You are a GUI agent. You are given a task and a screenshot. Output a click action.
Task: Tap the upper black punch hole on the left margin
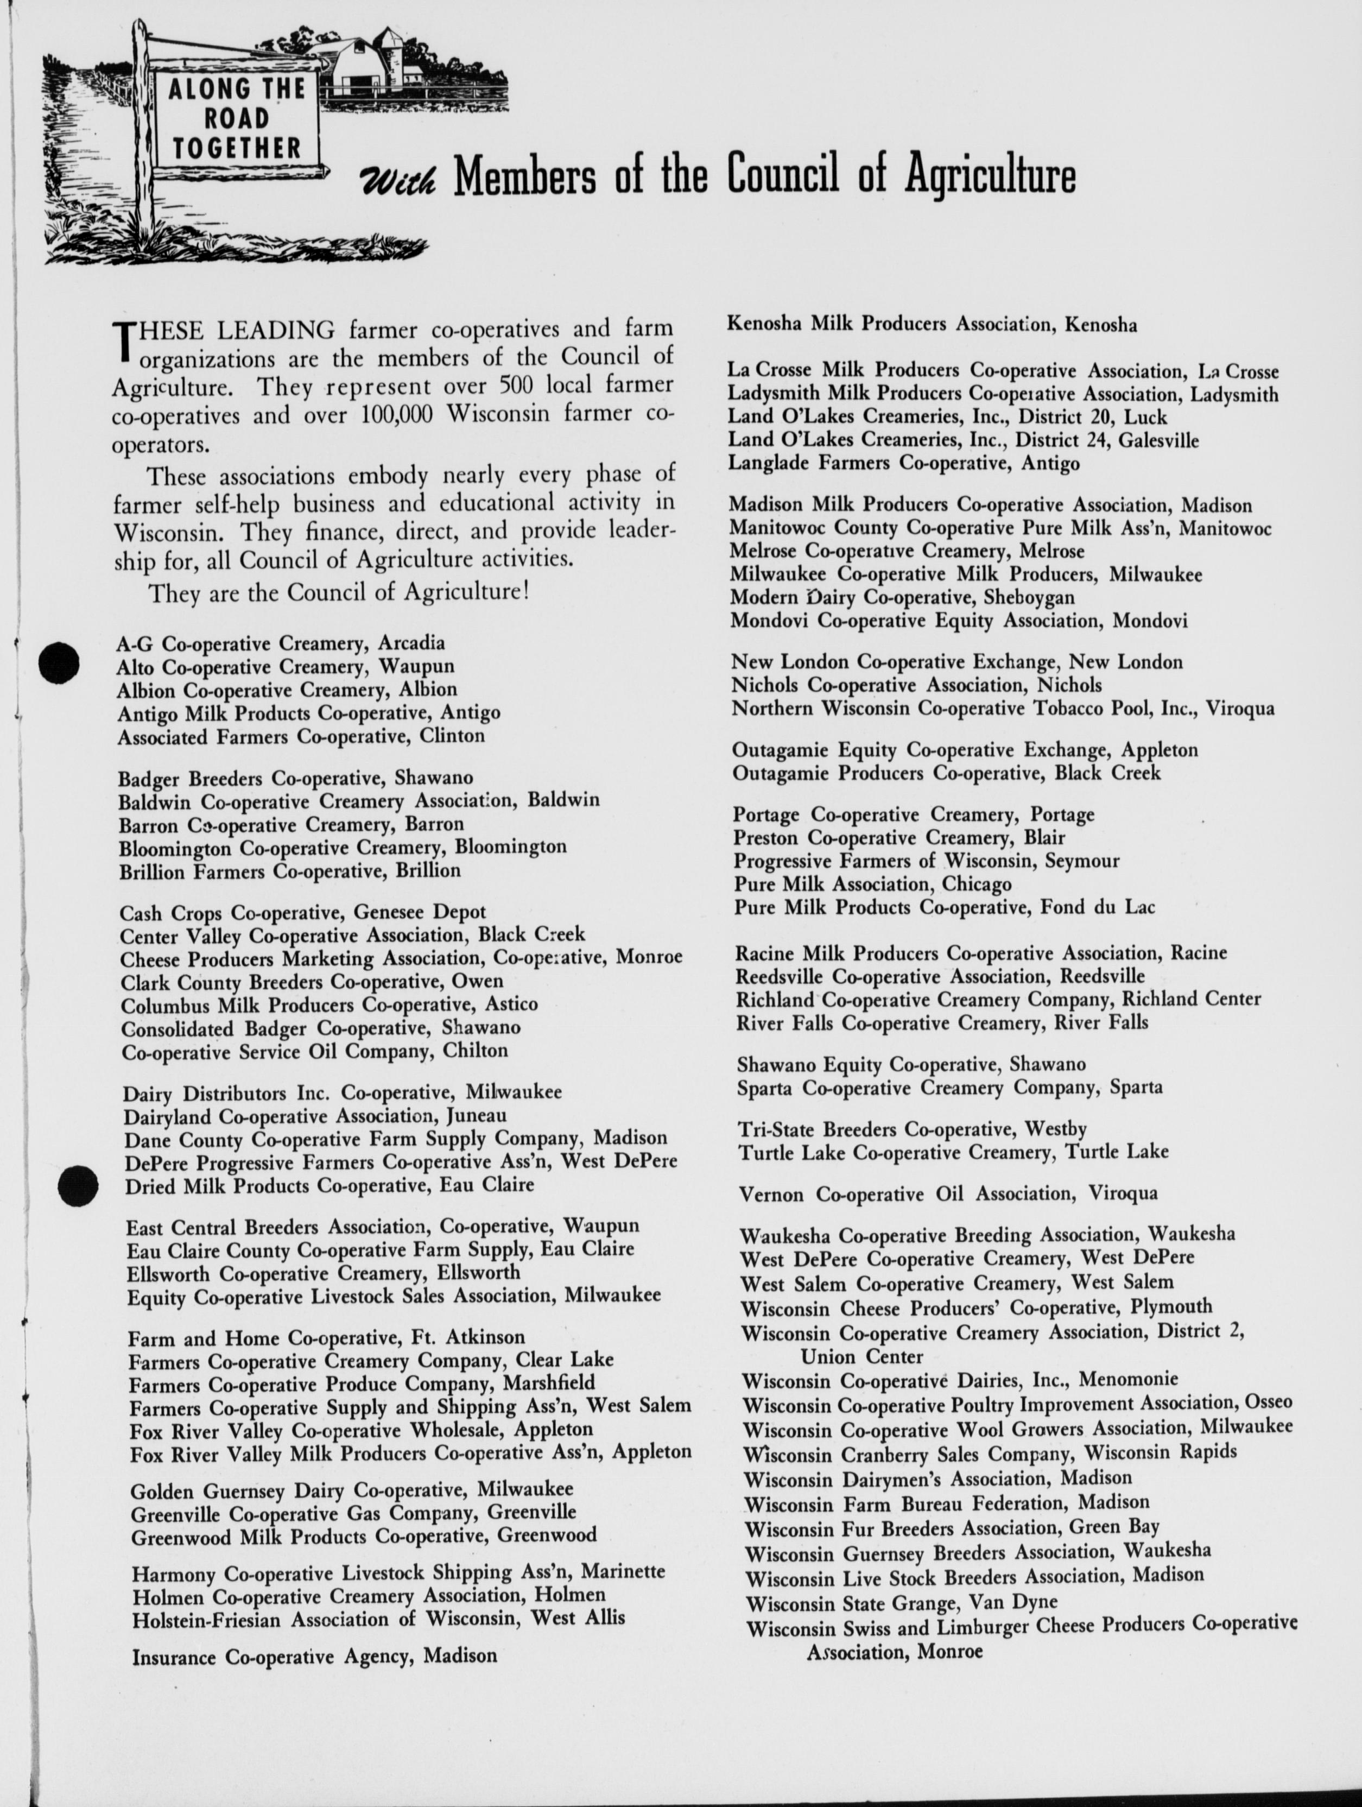pos(60,662)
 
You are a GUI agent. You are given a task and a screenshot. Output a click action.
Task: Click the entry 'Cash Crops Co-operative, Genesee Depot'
pos(303,913)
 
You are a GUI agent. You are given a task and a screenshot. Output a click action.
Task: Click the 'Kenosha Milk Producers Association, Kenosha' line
pos(932,324)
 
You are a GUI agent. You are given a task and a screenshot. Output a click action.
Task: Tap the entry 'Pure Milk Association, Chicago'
pos(872,884)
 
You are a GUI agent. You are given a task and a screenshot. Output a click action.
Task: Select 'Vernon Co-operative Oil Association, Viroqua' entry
pos(948,1195)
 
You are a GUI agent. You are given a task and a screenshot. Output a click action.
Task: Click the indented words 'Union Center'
pos(861,1357)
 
